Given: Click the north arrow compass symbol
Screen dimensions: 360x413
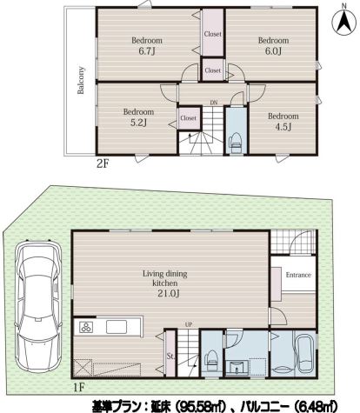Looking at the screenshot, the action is tap(344, 21).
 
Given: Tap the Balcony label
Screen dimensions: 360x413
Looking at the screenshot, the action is tap(80, 80).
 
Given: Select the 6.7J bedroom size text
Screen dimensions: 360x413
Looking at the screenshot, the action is tap(147, 51).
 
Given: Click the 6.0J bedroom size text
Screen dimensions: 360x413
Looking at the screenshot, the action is tap(273, 51).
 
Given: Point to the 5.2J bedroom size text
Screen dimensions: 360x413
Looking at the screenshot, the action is tap(138, 123).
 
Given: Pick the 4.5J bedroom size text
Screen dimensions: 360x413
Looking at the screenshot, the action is tap(283, 127).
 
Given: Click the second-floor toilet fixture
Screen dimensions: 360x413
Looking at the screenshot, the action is tap(237, 143).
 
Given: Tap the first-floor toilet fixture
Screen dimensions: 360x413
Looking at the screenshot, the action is tap(210, 360).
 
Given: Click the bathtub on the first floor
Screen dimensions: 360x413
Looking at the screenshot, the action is tap(304, 354).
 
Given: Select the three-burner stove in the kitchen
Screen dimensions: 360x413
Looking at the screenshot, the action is tap(86, 327).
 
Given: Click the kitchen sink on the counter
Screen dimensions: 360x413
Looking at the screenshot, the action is tap(117, 327).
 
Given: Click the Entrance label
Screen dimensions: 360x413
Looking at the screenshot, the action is tap(298, 275).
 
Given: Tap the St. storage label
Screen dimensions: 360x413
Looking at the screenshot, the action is tap(170, 356).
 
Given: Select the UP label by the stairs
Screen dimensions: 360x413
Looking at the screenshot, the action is tap(189, 324).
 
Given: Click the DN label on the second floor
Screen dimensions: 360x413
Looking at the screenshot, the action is tap(214, 103).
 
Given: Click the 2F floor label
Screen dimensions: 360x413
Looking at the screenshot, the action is tap(103, 164).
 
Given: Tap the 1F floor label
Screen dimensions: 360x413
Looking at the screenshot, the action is tap(78, 387).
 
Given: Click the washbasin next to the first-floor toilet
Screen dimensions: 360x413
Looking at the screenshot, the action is tap(237, 368).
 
